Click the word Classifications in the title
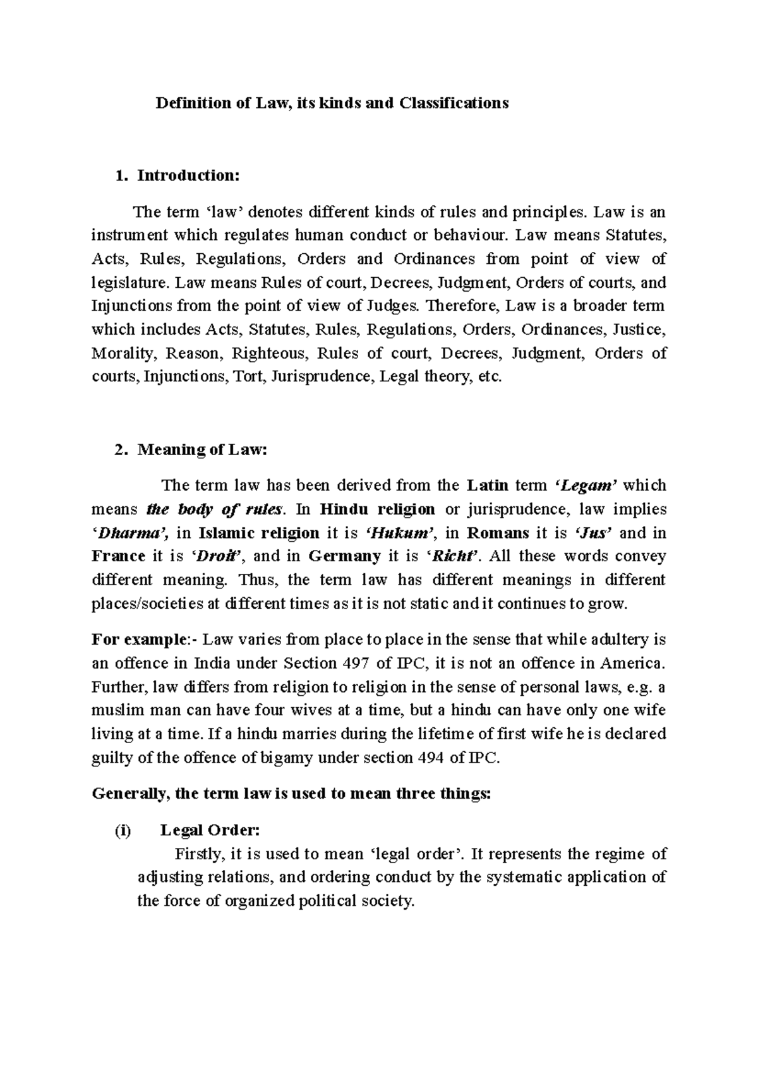click(453, 103)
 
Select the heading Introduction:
click(189, 176)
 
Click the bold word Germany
click(344, 557)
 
